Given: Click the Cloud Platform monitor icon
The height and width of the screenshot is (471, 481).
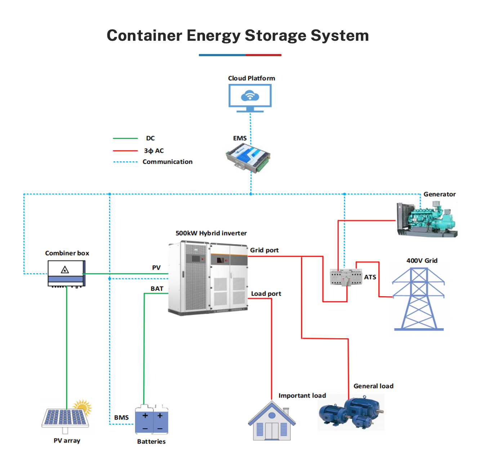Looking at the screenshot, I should point(250,97).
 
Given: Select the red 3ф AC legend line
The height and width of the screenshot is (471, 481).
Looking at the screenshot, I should point(125,151).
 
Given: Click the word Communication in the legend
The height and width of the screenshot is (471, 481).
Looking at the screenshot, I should point(168,162).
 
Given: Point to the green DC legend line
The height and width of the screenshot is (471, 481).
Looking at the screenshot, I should point(125,138).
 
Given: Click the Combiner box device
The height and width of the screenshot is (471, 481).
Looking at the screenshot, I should point(66,273).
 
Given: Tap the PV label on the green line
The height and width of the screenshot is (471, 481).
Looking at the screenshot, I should point(156,268).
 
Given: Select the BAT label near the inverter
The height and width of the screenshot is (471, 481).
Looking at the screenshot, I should point(157,289).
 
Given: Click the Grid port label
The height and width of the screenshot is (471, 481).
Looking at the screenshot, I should point(264,250).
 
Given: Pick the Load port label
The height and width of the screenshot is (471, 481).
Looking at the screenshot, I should point(266,294).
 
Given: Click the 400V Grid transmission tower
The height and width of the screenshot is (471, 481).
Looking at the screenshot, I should point(419,299).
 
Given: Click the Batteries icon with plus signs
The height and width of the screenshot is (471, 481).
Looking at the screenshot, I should point(152,420).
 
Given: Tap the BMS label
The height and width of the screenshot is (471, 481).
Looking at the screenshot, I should point(121,418).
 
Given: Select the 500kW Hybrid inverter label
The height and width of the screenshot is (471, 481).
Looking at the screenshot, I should point(211,233).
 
